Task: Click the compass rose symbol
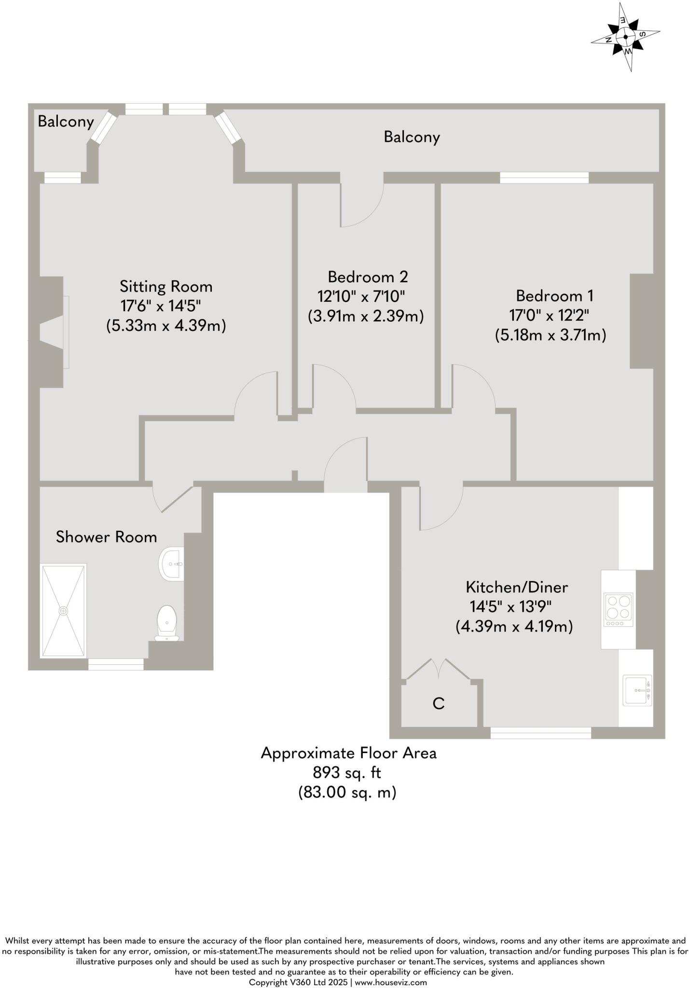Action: pyautogui.click(x=625, y=37)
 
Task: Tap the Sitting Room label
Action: pyautogui.click(x=166, y=287)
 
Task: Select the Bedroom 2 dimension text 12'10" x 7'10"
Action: pyautogui.click(x=361, y=296)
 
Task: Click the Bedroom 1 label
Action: pyautogui.click(x=554, y=295)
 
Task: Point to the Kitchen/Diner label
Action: pyautogui.click(x=517, y=587)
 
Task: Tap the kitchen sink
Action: pyautogui.click(x=637, y=690)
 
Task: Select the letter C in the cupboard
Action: pyautogui.click(x=438, y=704)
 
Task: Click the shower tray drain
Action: pyautogui.click(x=63, y=611)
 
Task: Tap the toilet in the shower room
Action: pyautogui.click(x=167, y=622)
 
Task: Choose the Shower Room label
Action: pyautogui.click(x=106, y=537)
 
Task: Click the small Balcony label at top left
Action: pyautogui.click(x=66, y=122)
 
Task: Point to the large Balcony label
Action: pyautogui.click(x=412, y=137)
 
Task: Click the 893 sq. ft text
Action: pyautogui.click(x=347, y=773)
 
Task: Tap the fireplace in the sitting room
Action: pyautogui.click(x=54, y=332)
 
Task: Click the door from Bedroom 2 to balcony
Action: pyautogui.click(x=362, y=205)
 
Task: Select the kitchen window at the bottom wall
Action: pyautogui.click(x=540, y=733)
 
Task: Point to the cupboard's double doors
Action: pyautogui.click(x=438, y=669)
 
